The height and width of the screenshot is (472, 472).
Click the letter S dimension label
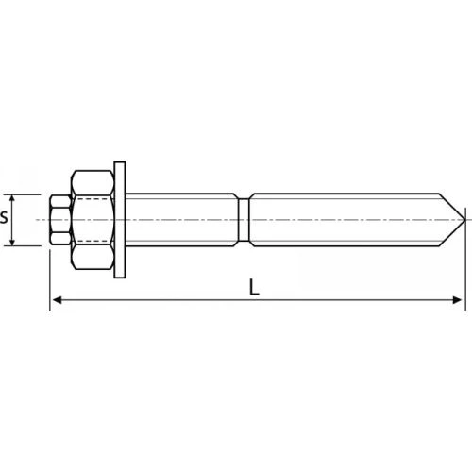[x=4, y=217]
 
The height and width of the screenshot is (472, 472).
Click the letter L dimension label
[x=254, y=287]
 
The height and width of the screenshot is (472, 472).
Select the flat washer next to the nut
[x=120, y=220]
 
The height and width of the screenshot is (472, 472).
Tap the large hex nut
[x=93, y=220]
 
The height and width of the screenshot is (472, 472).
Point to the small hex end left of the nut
[x=60, y=220]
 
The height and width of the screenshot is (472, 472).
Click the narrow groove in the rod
[x=244, y=220]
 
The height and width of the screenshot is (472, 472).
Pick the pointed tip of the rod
[x=464, y=220]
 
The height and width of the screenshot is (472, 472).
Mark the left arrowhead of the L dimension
[x=57, y=300]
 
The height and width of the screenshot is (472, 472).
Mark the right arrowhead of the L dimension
[x=457, y=300]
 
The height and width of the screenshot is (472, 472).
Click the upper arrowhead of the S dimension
[x=12, y=199]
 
